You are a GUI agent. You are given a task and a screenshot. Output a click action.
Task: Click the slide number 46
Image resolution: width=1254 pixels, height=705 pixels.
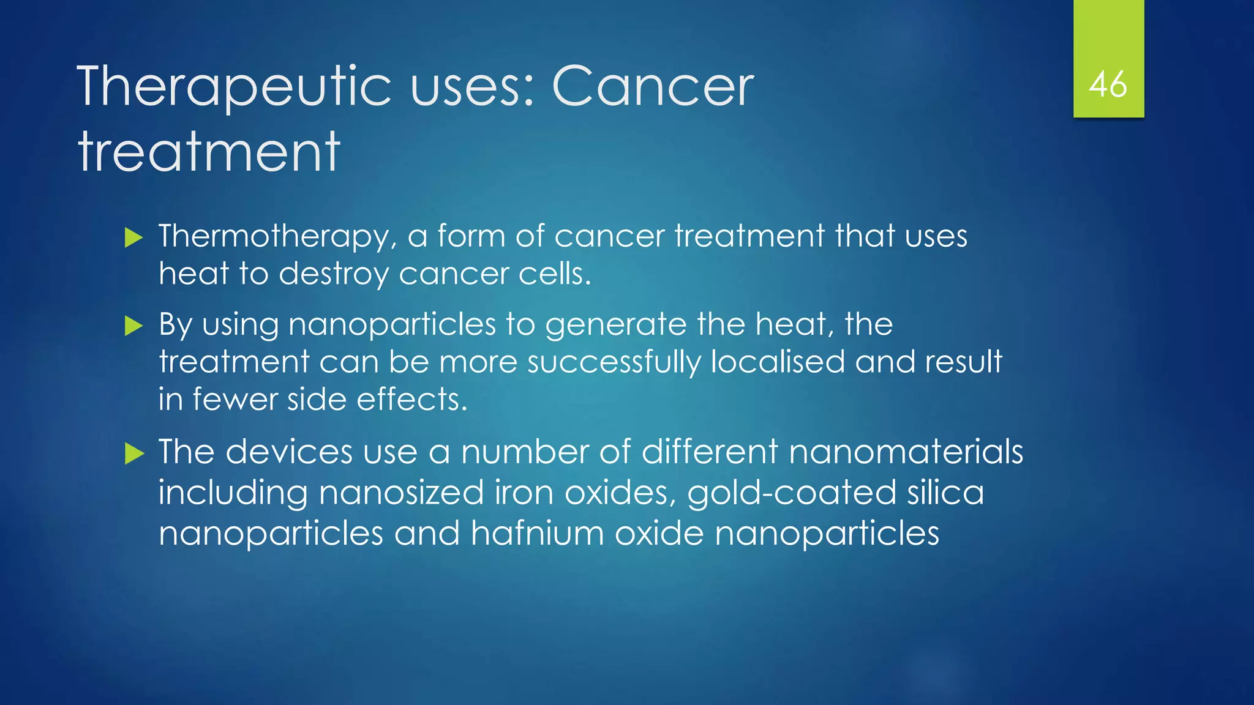pos(1108,84)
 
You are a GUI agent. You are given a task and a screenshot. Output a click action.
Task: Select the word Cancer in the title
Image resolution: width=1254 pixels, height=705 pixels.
pos(653,87)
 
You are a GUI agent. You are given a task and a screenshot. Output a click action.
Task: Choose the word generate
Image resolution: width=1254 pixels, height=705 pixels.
pos(615,325)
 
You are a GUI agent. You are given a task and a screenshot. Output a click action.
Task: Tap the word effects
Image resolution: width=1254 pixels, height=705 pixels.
pos(411,400)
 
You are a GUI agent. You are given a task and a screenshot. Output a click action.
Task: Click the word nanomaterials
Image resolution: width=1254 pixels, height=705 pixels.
pos(906,452)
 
